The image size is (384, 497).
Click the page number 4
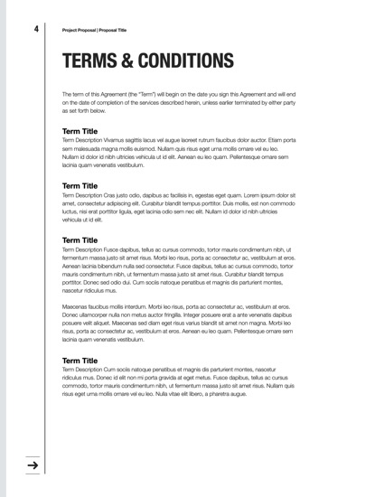pos(36,29)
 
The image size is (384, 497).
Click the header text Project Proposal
pos(80,30)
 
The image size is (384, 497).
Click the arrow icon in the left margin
pos(33,465)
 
